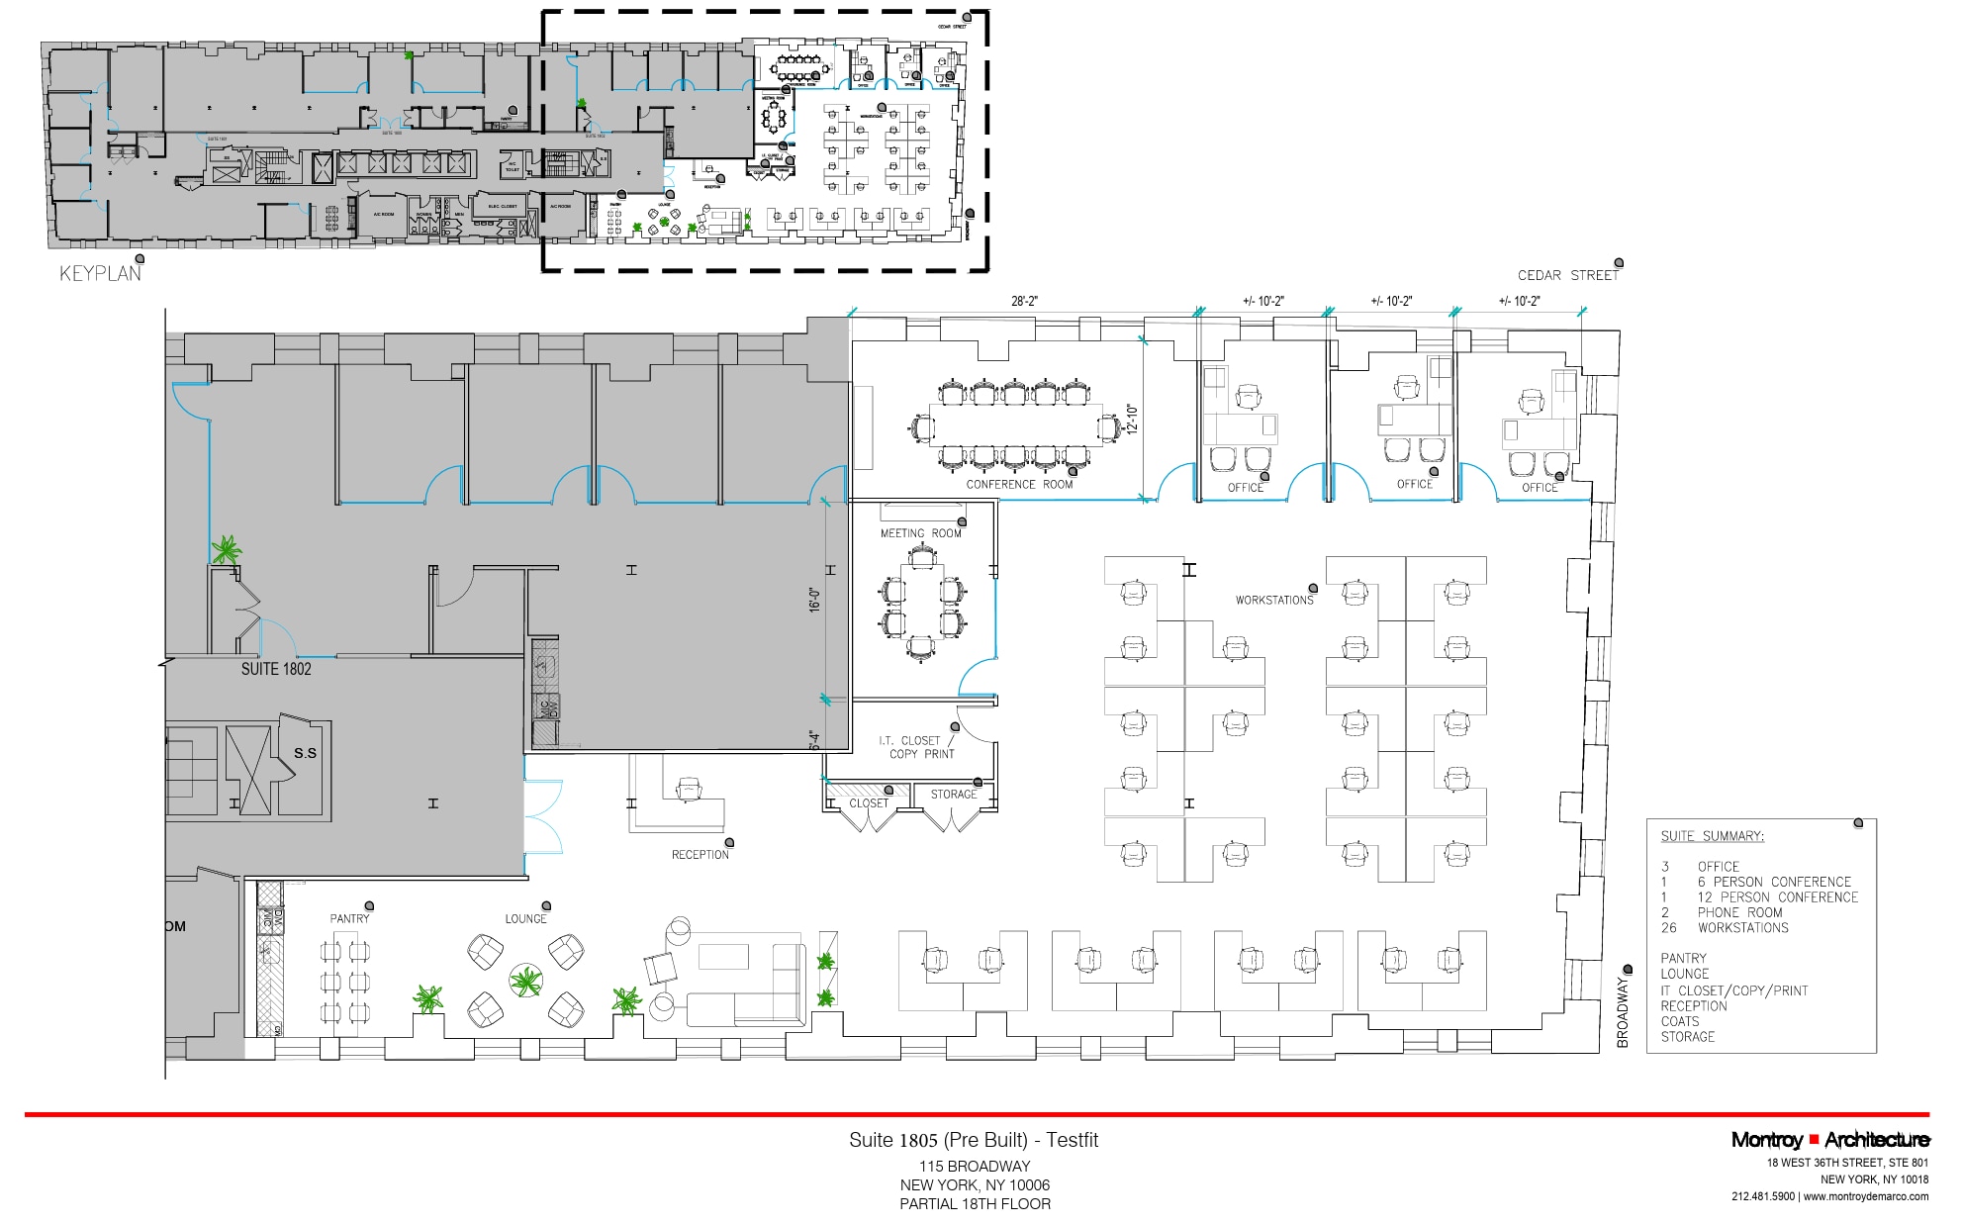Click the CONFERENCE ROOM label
tap(1019, 485)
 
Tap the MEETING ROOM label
tap(920, 533)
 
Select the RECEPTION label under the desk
tap(700, 855)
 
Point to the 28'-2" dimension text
tap(1024, 301)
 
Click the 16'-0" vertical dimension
tap(815, 600)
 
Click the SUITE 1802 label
tap(276, 669)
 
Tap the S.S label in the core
tap(305, 753)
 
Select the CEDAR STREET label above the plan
tap(1567, 276)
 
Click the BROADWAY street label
tap(1623, 1011)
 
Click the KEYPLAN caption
tap(100, 274)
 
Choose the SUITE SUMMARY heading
tap(1712, 836)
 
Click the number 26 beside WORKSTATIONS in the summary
tap(1669, 928)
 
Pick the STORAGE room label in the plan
tap(953, 795)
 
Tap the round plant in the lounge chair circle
tap(525, 982)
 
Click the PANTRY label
tap(349, 919)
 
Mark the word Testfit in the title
tap(1072, 1140)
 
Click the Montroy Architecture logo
tap(1829, 1140)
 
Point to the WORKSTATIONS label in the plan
tap(1273, 601)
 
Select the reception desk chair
tap(689, 789)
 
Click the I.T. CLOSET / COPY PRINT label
tap(917, 747)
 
